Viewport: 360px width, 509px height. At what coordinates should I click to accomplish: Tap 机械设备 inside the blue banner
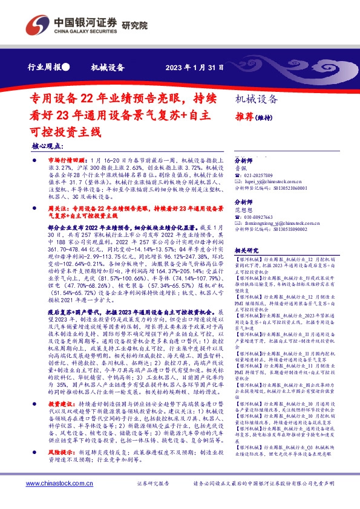point(107,68)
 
